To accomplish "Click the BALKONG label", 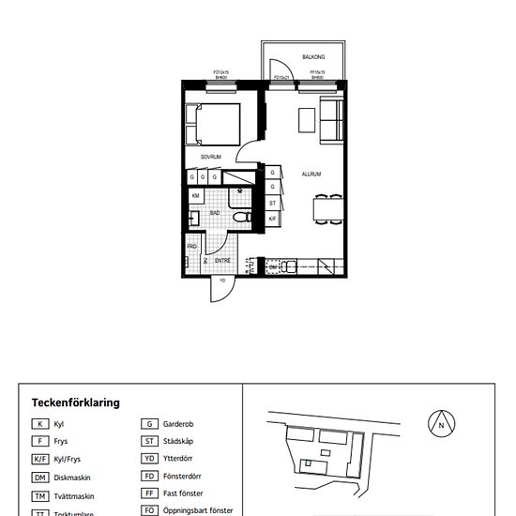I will pos(312,57).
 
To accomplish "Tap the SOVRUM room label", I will pos(211,157).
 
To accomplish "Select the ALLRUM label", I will pos(311,175).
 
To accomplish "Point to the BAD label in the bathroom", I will pos(215,214).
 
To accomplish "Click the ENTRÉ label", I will pos(223,259).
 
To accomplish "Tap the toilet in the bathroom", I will pos(240,218).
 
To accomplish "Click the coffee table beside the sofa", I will pos(306,121).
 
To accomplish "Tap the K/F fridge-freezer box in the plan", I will pos(272,219).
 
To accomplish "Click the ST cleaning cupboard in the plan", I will pos(272,203).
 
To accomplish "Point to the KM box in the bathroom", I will pos(195,195).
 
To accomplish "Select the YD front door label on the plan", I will pos(222,280).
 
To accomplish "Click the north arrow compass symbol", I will pos(441,424).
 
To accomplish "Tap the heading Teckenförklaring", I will pos(76,402).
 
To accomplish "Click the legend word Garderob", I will pos(178,424).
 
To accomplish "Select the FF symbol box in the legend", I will pos(148,493).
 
